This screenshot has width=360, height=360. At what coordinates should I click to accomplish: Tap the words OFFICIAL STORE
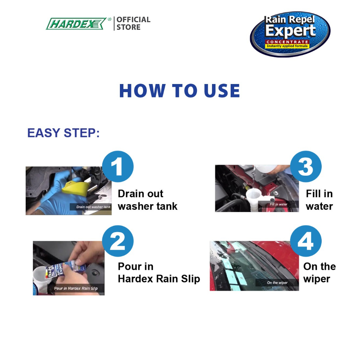133,23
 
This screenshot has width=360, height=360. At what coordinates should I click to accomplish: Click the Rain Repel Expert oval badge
290,34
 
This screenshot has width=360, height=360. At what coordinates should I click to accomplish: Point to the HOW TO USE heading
180,91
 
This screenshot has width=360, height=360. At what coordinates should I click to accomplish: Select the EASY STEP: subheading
64,133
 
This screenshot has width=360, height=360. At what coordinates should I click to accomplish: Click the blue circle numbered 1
118,166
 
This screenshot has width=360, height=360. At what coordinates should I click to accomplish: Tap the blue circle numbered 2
118,241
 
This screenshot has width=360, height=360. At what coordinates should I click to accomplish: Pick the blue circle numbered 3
306,166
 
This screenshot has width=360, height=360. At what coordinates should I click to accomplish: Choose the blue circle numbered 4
306,241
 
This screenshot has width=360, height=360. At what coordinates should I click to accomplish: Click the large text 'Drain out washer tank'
148,200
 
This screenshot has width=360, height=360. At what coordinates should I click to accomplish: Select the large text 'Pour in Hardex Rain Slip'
159,272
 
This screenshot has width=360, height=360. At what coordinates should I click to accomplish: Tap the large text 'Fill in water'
319,200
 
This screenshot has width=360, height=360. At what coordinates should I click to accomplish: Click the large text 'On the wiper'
320,273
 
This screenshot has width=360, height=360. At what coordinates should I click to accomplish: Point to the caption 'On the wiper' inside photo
277,283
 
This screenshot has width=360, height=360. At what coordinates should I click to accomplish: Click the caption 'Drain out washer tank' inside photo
93,207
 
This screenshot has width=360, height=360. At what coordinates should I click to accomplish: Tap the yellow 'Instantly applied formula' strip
287,46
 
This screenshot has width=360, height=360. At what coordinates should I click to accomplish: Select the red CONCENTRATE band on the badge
287,42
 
